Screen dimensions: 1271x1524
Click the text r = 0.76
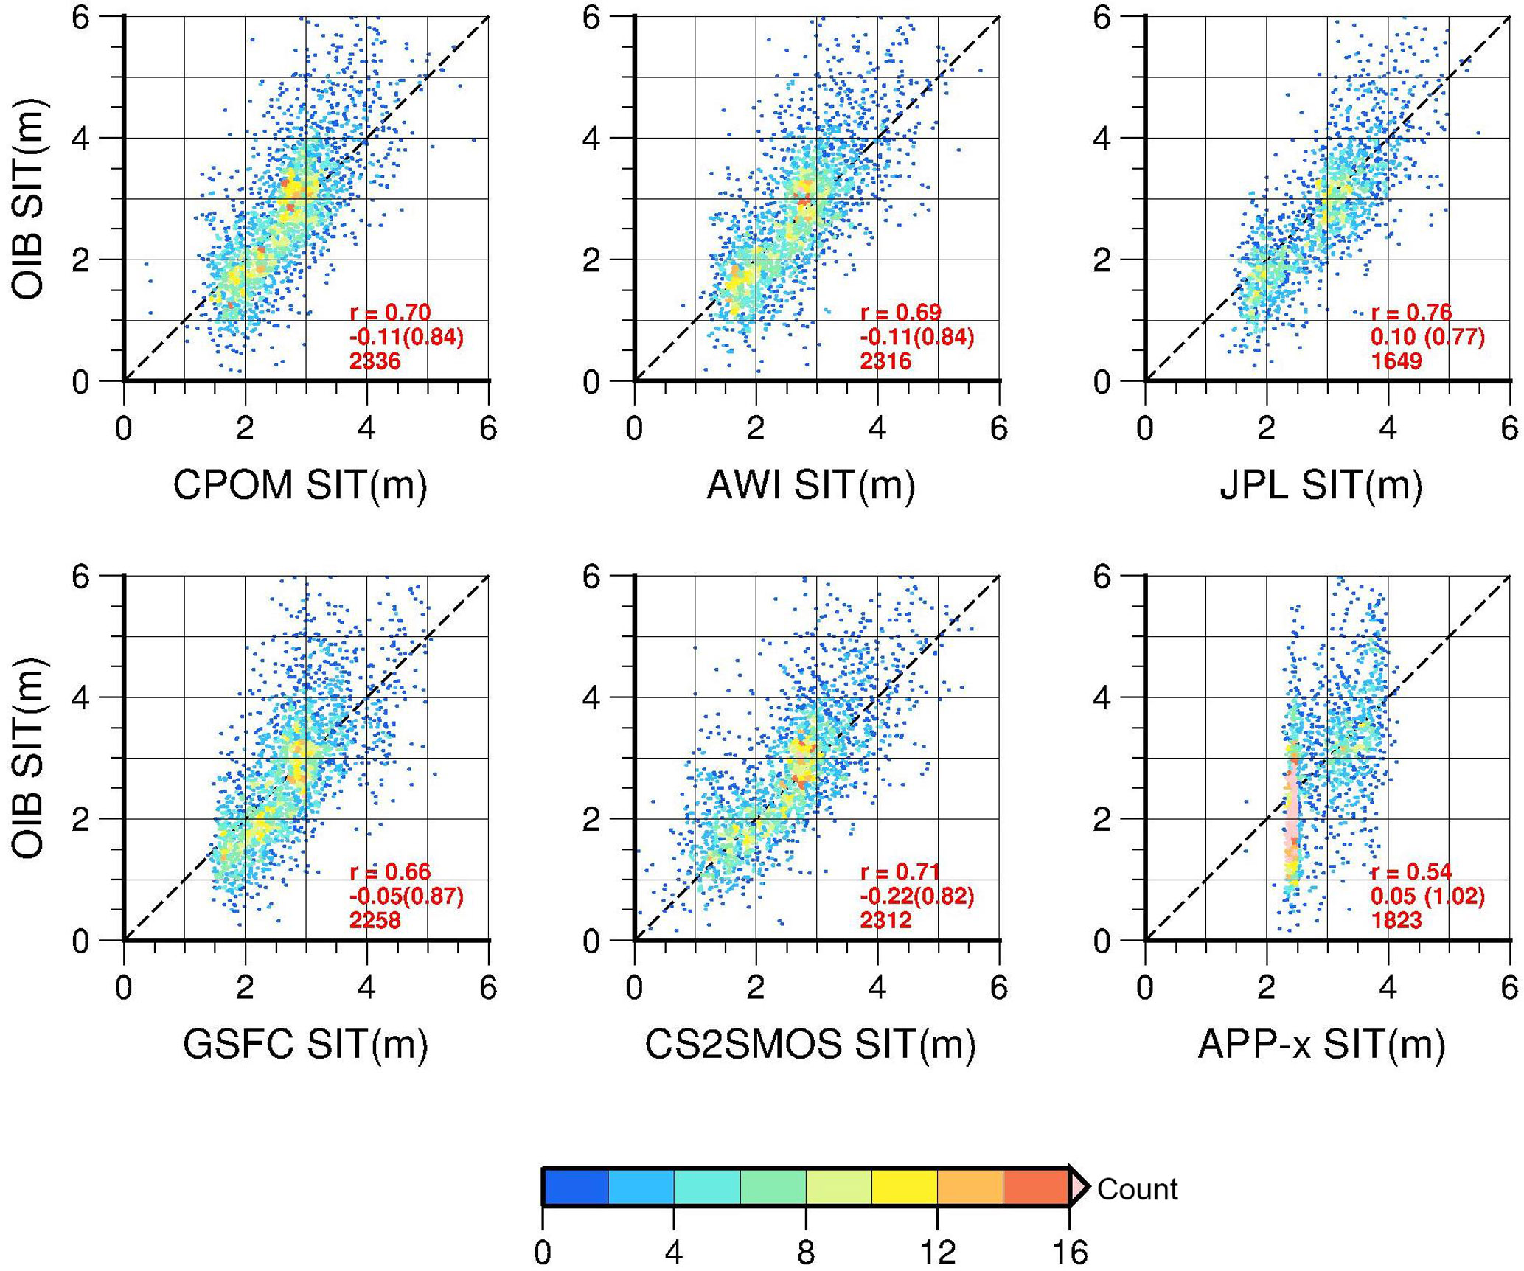pos(1411,313)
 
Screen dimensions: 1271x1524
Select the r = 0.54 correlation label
pos(1411,871)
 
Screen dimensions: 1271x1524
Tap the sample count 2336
pos(375,361)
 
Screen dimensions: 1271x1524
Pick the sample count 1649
pos(1396,361)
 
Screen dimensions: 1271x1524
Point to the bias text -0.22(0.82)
pos(916,896)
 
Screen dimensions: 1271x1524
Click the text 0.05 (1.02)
pos(1427,896)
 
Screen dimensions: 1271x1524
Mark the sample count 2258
pos(375,920)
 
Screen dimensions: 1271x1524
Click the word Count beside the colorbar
pos(1137,1189)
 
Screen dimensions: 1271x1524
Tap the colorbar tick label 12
pos(937,1252)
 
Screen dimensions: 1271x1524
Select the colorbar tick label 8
pos(806,1252)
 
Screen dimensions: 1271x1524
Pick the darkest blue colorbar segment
pos(576,1187)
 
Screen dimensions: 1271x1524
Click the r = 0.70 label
pos(390,313)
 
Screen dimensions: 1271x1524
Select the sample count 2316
pos(885,361)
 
